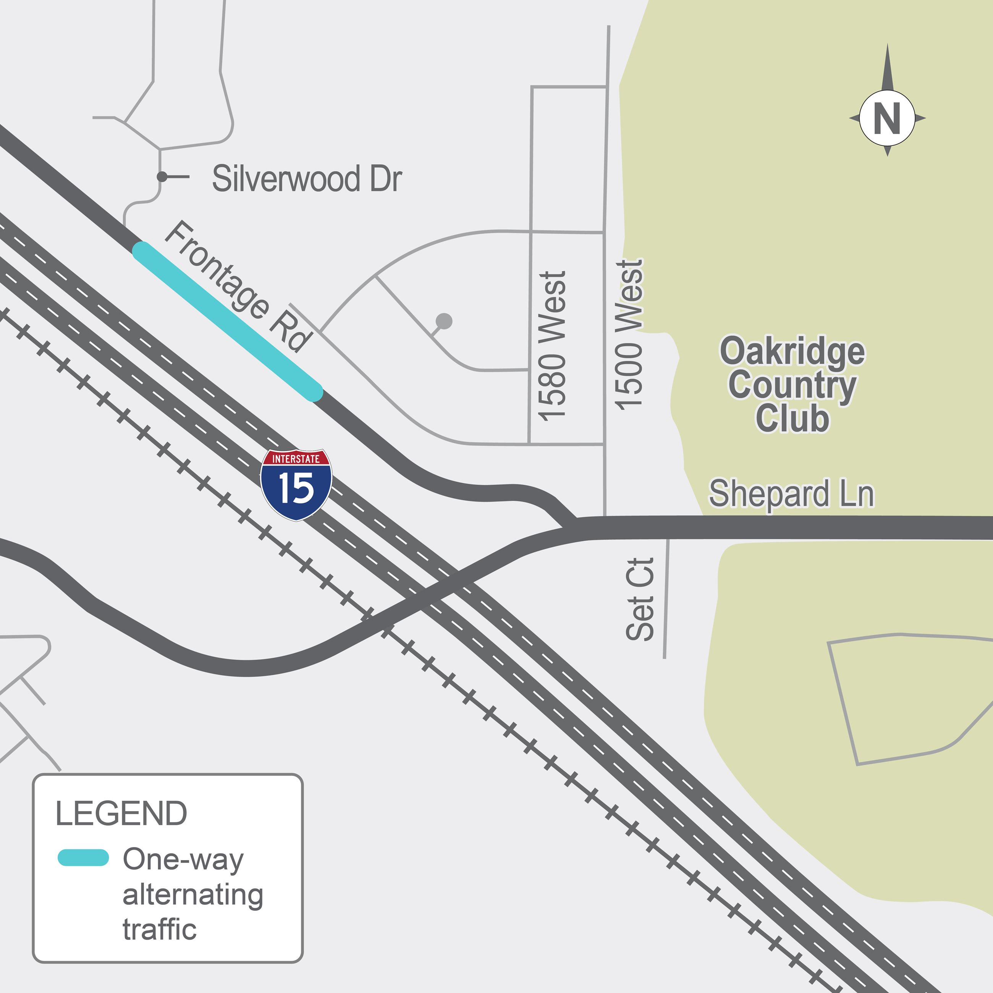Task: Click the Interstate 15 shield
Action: point(296,484)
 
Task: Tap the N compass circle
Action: point(887,118)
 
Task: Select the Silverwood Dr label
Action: point(307,178)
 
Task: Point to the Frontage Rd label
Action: point(238,286)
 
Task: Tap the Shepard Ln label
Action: point(791,493)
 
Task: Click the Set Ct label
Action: point(640,599)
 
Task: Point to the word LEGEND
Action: point(121,813)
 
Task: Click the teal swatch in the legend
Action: point(83,858)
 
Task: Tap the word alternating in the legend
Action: point(193,894)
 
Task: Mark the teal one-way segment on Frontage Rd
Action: point(227,321)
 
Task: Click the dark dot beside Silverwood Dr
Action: point(162,177)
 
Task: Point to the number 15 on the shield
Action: point(296,488)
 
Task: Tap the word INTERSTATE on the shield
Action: point(296,458)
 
